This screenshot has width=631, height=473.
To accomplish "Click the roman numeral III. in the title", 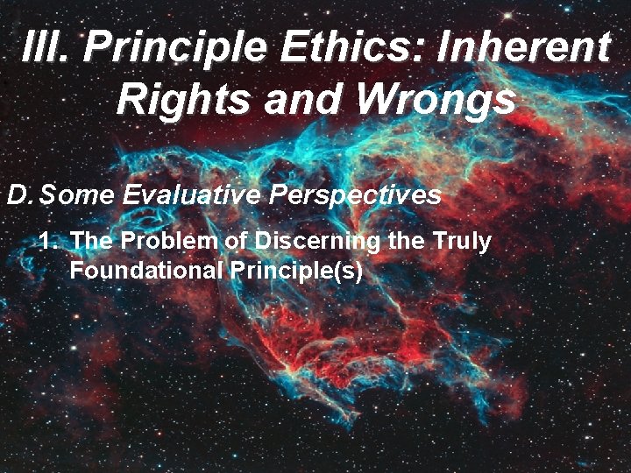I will pos(50,46).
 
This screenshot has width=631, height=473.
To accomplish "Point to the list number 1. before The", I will pos(50,241).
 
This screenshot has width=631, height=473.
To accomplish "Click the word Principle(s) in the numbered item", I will pos(296,270).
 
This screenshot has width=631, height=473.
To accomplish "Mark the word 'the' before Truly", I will pos(405,241).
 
